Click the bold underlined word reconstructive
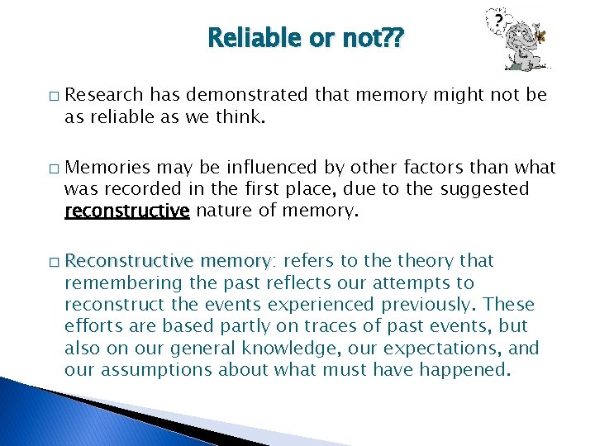pos(127,211)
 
